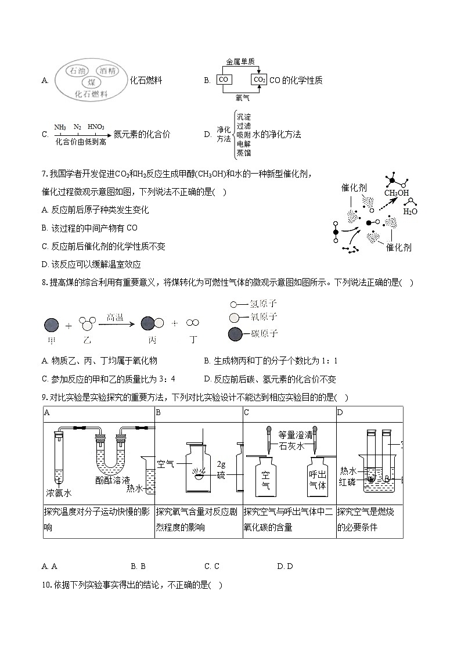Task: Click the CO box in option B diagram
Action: click(224, 80)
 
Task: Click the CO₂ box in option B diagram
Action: click(259, 80)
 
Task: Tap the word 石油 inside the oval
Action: click(78, 71)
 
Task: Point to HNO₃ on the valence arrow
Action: click(96, 127)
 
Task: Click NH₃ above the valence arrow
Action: click(60, 127)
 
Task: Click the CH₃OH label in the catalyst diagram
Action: click(396, 193)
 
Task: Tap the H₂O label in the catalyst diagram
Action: click(410, 211)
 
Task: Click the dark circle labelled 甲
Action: click(51, 325)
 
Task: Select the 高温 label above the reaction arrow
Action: click(114, 317)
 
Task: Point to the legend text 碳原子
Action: click(263, 333)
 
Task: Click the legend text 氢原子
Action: click(263, 303)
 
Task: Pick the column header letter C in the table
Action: click(247, 412)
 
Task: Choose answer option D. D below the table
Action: click(285, 566)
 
